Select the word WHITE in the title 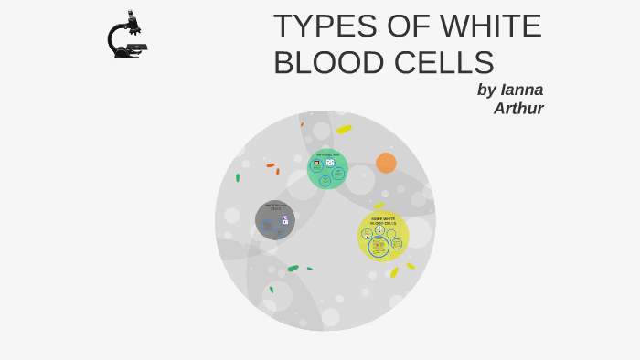(x=490, y=26)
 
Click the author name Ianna (x=522, y=90)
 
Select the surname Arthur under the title (x=518, y=108)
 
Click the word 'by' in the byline (x=486, y=90)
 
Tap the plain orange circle (x=386, y=163)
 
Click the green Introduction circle (x=326, y=169)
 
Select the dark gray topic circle (x=274, y=220)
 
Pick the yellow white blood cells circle (x=383, y=236)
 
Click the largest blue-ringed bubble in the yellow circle (x=379, y=247)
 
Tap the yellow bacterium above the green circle (x=344, y=129)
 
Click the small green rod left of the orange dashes (x=238, y=178)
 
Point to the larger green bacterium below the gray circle (x=293, y=268)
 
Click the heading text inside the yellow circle (x=383, y=221)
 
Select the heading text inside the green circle (x=327, y=154)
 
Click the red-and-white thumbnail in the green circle (x=316, y=163)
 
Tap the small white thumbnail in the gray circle (x=284, y=221)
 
